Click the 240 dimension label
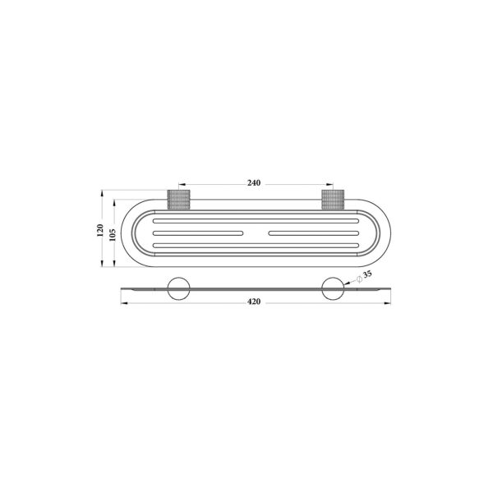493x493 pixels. click(254, 183)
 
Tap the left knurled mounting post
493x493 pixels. click(178, 200)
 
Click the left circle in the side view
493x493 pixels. click(177, 289)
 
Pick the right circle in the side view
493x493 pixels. click(333, 289)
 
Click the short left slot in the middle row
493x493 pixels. click(198, 234)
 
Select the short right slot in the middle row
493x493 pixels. click(311, 234)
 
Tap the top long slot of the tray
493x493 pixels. click(255, 221)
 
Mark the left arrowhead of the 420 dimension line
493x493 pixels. click(124, 303)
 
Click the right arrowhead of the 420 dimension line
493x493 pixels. click(387, 303)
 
